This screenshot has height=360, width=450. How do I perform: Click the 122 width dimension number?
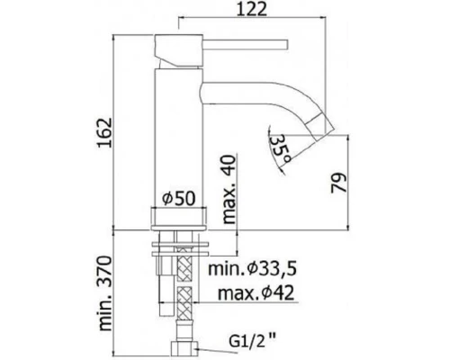(251, 9)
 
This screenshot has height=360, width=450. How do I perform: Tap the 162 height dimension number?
(104, 132)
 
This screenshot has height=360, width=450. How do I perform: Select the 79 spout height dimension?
(339, 183)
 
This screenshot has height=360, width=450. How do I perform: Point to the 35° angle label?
(280, 149)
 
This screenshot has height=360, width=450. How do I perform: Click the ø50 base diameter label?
(179, 198)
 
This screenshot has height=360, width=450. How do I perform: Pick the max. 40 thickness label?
(229, 189)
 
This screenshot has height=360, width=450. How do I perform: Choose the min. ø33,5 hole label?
(252, 269)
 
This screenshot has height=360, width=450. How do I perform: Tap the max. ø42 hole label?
(256, 293)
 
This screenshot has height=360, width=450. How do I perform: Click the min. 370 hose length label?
(105, 293)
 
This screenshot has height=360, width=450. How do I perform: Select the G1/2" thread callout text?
(252, 341)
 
